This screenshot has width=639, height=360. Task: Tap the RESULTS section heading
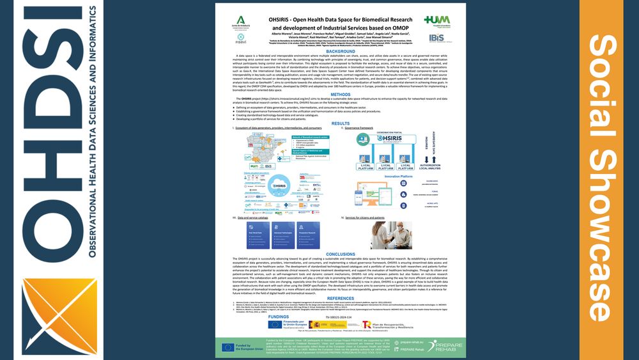[341, 123]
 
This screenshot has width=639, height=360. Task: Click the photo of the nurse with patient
[384, 235]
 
